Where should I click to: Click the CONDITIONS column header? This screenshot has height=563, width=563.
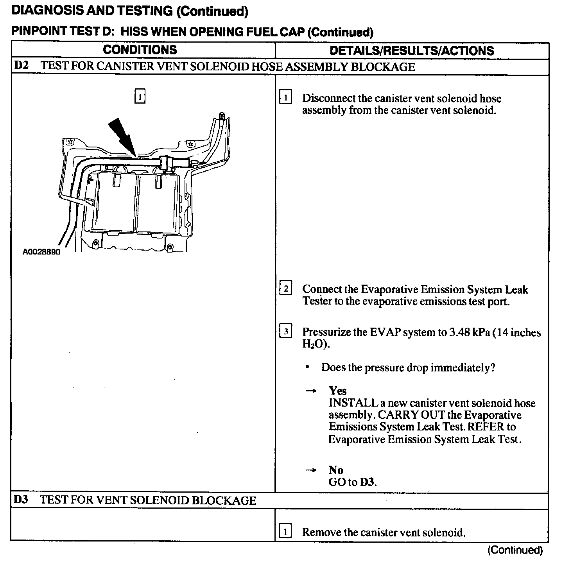pyautogui.click(x=140, y=50)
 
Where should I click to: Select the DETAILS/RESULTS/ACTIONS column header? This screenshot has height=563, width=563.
pyautogui.click(x=412, y=50)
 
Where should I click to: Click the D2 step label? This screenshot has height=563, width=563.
pyautogui.click(x=22, y=65)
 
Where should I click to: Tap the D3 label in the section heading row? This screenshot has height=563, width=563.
pyautogui.click(x=22, y=500)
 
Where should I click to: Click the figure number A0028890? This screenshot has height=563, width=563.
pyautogui.click(x=41, y=252)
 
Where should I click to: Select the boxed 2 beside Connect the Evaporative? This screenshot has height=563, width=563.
pyautogui.click(x=286, y=289)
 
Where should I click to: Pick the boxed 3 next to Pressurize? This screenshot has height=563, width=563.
pyautogui.click(x=286, y=332)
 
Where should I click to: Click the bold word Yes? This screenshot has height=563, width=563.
pyautogui.click(x=338, y=391)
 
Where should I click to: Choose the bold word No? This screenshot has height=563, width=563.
pyautogui.click(x=336, y=470)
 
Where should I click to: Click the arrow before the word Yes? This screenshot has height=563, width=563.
pyautogui.click(x=311, y=391)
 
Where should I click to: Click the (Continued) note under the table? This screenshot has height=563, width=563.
pyautogui.click(x=515, y=550)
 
